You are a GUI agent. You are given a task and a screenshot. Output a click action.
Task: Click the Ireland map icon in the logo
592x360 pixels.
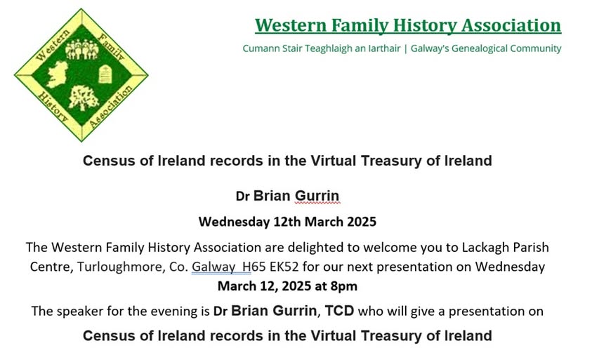click(x=58, y=74)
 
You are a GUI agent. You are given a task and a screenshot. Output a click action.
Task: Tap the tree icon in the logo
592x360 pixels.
click(x=84, y=98)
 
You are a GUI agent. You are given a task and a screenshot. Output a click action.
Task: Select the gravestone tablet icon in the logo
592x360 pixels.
click(x=105, y=74)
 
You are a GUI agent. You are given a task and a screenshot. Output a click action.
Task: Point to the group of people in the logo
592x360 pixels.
click(x=82, y=49)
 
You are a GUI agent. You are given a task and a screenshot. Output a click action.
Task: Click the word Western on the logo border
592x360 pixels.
click(x=53, y=45)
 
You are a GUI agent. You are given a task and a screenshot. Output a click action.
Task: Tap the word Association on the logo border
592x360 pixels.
click(x=111, y=107)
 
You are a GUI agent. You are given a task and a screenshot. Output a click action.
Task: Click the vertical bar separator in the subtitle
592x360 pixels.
click(x=405, y=49)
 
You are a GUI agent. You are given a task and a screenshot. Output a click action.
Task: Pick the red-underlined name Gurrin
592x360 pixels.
click(x=317, y=196)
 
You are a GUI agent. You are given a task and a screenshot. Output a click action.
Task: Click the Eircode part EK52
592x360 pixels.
click(x=284, y=267)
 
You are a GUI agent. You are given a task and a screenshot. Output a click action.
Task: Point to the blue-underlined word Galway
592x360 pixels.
click(x=213, y=267)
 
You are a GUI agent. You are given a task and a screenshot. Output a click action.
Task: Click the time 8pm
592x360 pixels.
click(x=343, y=286)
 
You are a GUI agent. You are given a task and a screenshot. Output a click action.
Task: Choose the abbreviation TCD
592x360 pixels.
click(x=339, y=311)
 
